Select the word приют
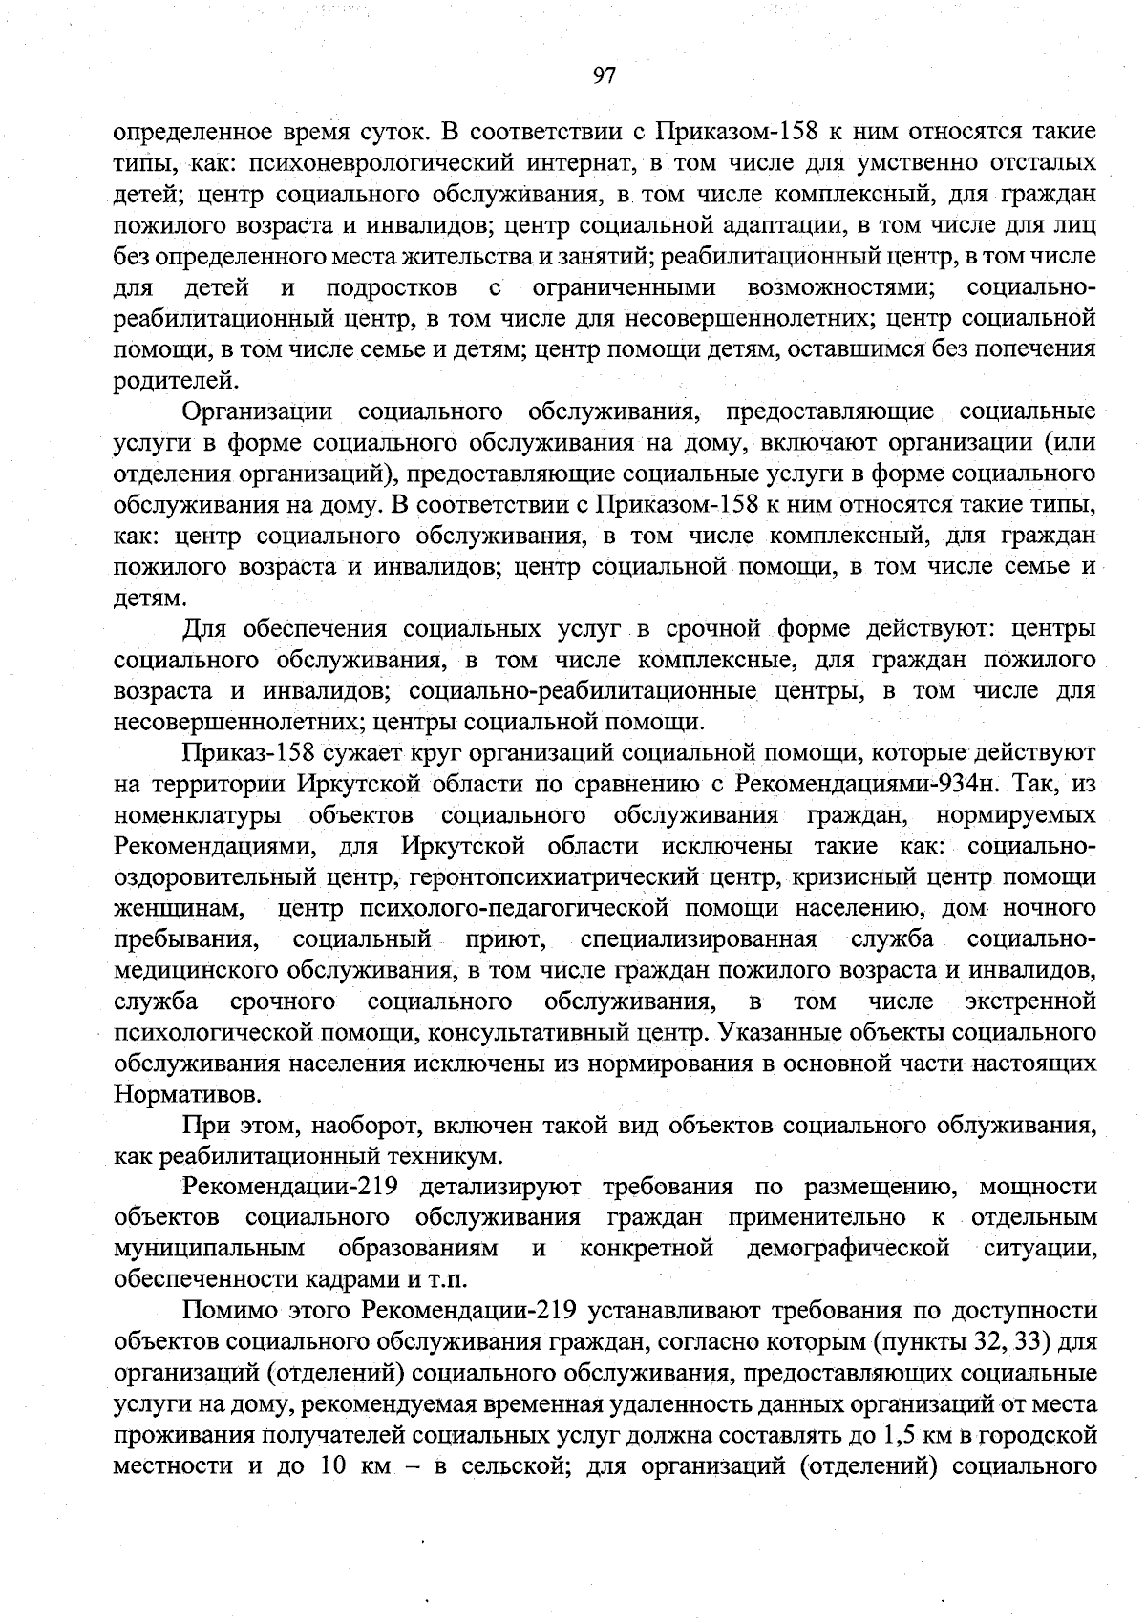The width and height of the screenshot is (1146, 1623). [504, 939]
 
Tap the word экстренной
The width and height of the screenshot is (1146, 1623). [1029, 1001]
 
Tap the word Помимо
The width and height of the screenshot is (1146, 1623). [223, 1311]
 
